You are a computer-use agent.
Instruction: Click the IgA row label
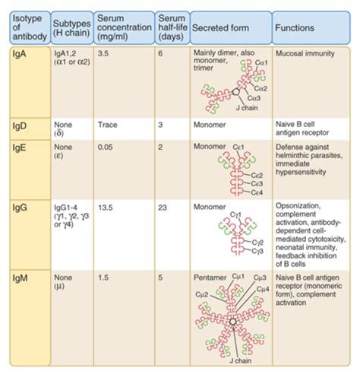coord(14,56)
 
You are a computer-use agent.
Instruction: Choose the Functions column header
coord(298,27)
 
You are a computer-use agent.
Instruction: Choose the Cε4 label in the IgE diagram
coord(259,192)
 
